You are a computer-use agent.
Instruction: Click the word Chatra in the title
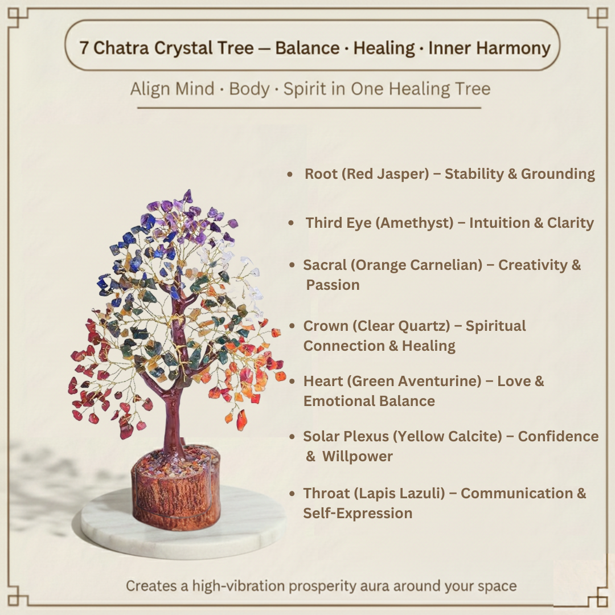(x=117, y=48)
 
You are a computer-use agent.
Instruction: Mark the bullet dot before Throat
(x=292, y=494)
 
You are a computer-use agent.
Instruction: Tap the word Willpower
(x=358, y=457)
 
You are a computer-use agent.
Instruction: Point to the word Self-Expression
(x=358, y=513)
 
